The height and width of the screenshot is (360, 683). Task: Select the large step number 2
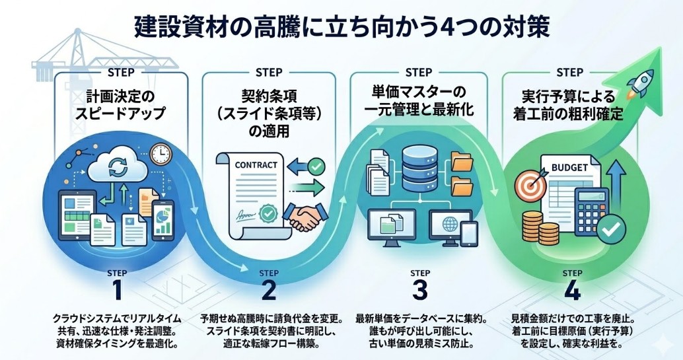tap(268, 291)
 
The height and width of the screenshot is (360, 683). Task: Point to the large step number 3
tap(420, 291)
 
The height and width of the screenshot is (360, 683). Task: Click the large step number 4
tap(572, 291)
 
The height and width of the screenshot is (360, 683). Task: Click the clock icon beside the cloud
tap(160, 155)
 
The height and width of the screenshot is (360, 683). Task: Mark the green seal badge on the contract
tap(268, 213)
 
